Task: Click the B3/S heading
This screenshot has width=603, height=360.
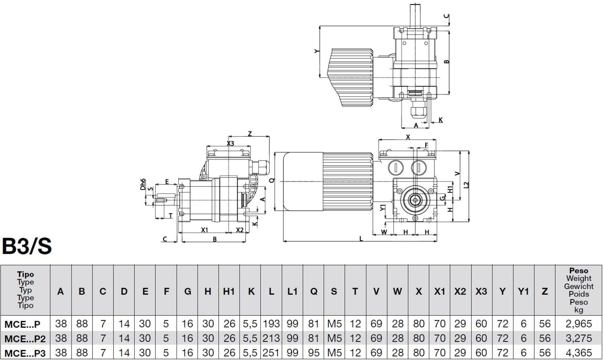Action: (x=27, y=246)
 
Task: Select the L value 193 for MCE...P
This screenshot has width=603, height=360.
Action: (x=271, y=324)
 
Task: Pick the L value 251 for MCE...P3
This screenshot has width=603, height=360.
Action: (x=271, y=353)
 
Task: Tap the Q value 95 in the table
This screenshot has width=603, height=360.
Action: (x=313, y=353)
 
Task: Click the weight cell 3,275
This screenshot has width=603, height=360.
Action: (x=578, y=338)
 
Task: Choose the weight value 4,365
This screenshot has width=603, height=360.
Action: (x=578, y=353)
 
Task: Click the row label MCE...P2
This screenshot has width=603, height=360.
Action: (x=25, y=339)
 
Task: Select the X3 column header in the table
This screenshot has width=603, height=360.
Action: (x=481, y=291)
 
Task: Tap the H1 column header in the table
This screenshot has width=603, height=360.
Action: (x=229, y=291)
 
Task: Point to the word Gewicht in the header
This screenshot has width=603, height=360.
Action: (x=578, y=286)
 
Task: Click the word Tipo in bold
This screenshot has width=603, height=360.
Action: (x=25, y=274)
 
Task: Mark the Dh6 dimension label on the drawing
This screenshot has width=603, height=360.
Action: (x=143, y=184)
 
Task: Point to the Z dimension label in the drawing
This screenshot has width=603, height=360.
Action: (x=250, y=134)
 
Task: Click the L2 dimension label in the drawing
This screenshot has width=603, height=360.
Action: (x=466, y=185)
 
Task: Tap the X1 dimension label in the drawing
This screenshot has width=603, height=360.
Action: (x=204, y=230)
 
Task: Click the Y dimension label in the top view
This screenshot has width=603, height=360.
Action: (x=316, y=51)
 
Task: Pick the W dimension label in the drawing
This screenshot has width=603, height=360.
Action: (x=384, y=232)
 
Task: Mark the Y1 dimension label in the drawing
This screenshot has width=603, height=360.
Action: (x=382, y=208)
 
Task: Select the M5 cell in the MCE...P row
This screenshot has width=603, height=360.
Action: (x=334, y=324)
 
